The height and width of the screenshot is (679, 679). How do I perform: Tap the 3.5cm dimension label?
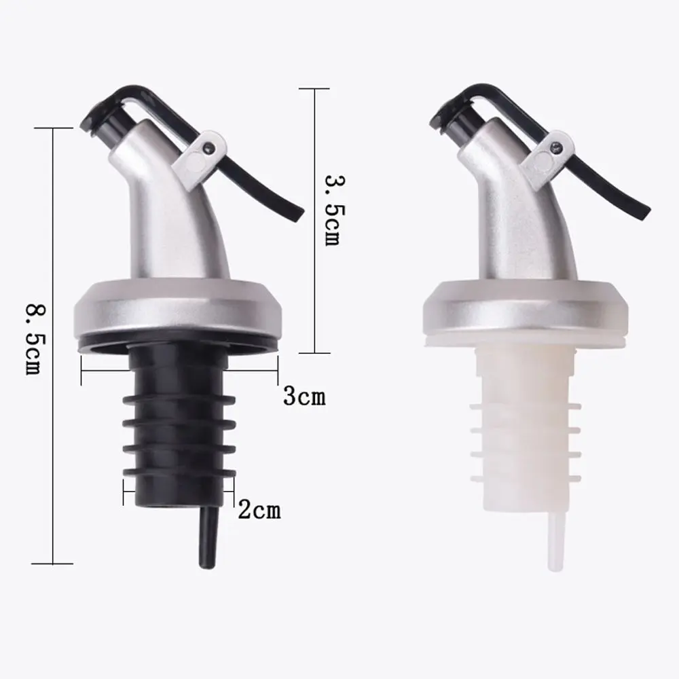pyautogui.click(x=335, y=210)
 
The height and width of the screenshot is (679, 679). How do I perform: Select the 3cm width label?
pyautogui.click(x=304, y=396)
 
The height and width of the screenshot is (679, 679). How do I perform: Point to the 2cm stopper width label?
pyautogui.click(x=259, y=510)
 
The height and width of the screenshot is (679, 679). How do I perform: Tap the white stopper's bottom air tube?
pyautogui.click(x=557, y=541)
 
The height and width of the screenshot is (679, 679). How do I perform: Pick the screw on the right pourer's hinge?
pyautogui.click(x=556, y=149)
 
